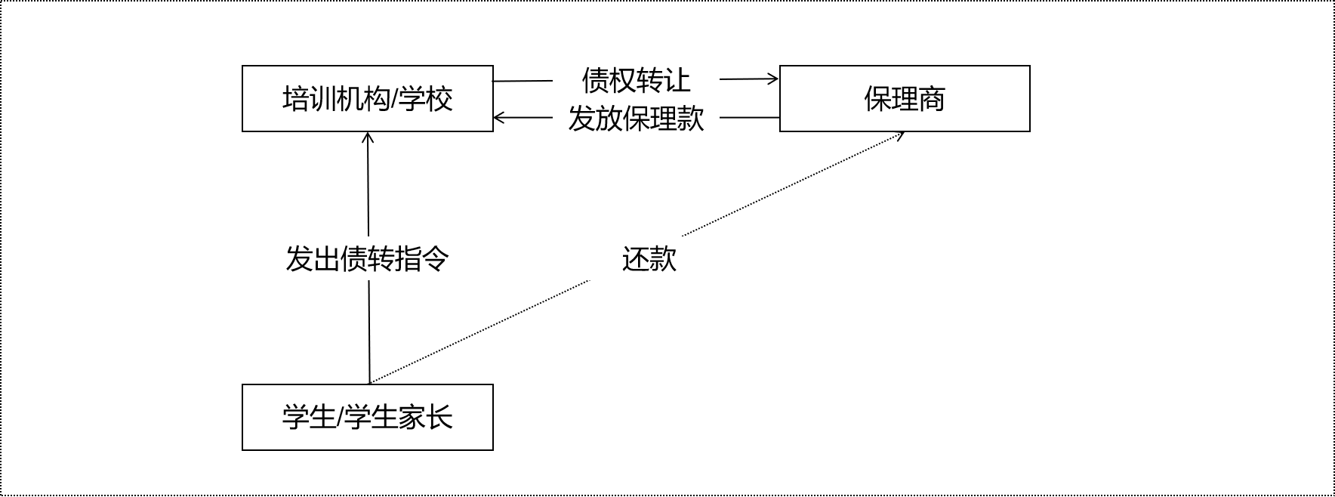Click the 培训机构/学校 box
[367, 98]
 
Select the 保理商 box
[904, 98]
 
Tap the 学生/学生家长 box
[367, 417]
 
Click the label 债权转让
[636, 79]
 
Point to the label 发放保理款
[636, 118]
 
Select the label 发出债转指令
[367, 259]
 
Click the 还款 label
[649, 259]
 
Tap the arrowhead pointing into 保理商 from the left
[774, 79]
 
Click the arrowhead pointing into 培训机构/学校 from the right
[498, 118]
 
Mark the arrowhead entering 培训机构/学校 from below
[368, 137]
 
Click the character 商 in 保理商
[932, 99]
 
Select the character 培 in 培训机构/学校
[296, 99]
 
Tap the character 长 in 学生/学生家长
[439, 418]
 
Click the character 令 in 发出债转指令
[436, 259]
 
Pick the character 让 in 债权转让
[677, 79]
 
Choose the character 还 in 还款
[635, 259]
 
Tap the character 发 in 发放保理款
[581, 118]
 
